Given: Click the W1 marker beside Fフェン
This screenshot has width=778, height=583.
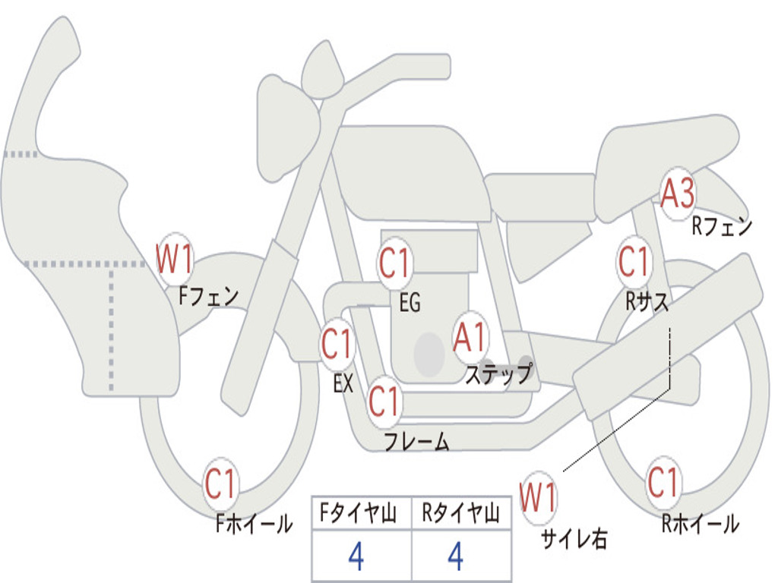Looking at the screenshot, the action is click(x=174, y=258).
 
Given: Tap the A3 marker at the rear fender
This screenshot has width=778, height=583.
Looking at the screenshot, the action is click(x=678, y=193).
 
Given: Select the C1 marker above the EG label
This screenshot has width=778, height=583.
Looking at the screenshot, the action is click(x=394, y=263).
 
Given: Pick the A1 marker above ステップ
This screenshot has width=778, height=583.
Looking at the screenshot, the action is click(x=470, y=338).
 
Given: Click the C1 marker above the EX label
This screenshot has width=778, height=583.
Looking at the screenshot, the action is click(x=337, y=344).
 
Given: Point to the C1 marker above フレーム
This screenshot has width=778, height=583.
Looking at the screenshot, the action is click(x=384, y=401).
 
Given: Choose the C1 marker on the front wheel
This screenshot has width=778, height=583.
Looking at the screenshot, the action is click(x=220, y=484).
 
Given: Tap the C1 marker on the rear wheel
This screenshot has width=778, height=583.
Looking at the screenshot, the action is click(x=663, y=481).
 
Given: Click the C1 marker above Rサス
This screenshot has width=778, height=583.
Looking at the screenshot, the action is click(x=634, y=261).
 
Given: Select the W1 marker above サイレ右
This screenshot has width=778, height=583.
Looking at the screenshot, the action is click(x=539, y=497).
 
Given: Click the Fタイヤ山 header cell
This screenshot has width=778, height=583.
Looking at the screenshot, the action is click(x=362, y=513).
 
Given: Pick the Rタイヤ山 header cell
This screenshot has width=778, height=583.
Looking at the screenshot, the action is click(x=461, y=513).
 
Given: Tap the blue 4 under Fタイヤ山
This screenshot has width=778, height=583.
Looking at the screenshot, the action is click(x=356, y=556).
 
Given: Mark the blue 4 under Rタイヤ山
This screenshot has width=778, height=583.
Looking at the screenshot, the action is click(x=456, y=556).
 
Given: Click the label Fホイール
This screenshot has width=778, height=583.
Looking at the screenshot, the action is click(x=254, y=524).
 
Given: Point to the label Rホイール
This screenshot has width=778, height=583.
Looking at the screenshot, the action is click(x=700, y=524).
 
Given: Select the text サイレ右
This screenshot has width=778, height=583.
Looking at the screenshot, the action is click(x=574, y=539).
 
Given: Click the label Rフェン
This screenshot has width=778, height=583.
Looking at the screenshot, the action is click(x=723, y=226).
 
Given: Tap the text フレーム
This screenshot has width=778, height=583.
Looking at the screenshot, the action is click(x=417, y=441).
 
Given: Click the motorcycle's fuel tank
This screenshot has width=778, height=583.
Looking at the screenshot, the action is click(x=412, y=171).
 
